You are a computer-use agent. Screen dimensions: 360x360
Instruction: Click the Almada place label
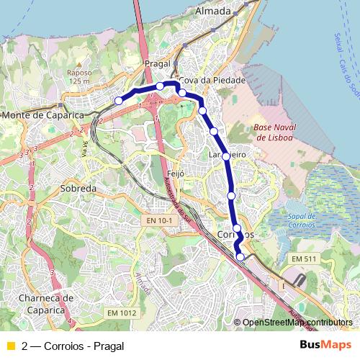pyautogui.click(x=213, y=12)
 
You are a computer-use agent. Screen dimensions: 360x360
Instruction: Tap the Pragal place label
pyautogui.click(x=156, y=64)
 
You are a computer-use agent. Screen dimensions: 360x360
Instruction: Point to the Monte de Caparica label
pyautogui.click(x=43, y=115)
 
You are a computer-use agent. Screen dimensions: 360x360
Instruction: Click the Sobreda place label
pyautogui.click(x=78, y=188)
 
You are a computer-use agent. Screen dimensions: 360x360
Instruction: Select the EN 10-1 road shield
pyautogui.click(x=158, y=220)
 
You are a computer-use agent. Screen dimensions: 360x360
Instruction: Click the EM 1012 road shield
pyautogui.click(x=121, y=312)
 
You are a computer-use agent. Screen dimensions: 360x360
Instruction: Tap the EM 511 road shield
pyautogui.click(x=305, y=258)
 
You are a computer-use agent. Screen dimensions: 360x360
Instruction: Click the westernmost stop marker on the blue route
pyautogui.click(x=119, y=101)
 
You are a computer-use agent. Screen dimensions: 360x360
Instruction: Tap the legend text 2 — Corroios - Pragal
pyautogui.click(x=73, y=346)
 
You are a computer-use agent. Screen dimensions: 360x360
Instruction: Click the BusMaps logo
pyautogui.click(x=325, y=345)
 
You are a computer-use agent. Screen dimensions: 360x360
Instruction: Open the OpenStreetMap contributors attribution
pyautogui.click(x=297, y=323)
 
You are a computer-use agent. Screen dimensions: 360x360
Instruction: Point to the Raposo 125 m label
pyautogui.click(x=78, y=76)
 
